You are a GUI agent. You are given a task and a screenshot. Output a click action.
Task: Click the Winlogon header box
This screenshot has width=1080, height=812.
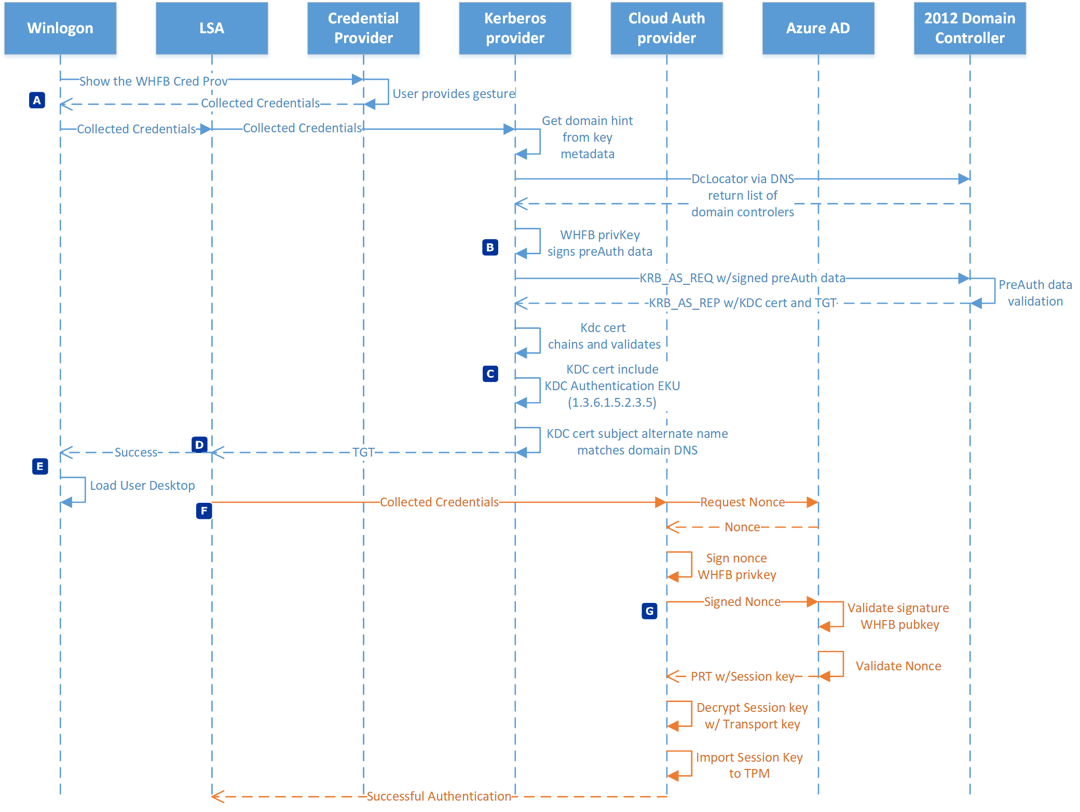pyautogui.click(x=60, y=28)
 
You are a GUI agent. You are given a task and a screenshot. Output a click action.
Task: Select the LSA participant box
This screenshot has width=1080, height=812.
pyautogui.click(x=212, y=28)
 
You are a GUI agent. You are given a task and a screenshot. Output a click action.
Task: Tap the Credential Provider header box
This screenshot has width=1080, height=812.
pyautogui.click(x=363, y=28)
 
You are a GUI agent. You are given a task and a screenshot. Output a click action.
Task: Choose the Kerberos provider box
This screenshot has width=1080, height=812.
pyautogui.click(x=515, y=28)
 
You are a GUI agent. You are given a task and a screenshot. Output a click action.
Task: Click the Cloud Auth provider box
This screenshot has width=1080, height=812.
pyautogui.click(x=666, y=28)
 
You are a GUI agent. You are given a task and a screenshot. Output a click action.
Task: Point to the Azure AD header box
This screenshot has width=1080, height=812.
pyautogui.click(x=818, y=28)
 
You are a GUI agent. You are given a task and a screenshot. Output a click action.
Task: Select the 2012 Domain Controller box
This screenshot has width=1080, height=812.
pyautogui.click(x=969, y=28)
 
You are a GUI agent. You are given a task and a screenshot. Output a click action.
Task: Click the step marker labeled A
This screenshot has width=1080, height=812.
pyautogui.click(x=37, y=100)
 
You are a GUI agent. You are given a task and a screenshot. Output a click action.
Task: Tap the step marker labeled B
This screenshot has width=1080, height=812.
pyautogui.click(x=490, y=247)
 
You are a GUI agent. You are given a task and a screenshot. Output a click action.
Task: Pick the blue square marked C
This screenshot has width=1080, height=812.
pyautogui.click(x=490, y=374)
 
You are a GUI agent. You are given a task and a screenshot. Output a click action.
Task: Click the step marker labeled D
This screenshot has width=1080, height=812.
pyautogui.click(x=199, y=445)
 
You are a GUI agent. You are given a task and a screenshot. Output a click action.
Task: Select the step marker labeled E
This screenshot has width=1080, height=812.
pyautogui.click(x=40, y=466)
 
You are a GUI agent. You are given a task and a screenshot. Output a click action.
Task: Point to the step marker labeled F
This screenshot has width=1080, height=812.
pyautogui.click(x=204, y=511)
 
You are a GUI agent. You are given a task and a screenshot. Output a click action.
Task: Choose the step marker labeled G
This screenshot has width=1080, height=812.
pyautogui.click(x=649, y=611)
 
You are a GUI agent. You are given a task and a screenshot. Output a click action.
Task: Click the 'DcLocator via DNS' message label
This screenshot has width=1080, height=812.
pyautogui.click(x=743, y=179)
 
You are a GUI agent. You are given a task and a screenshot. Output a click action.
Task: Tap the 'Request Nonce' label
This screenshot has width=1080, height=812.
pyautogui.click(x=742, y=502)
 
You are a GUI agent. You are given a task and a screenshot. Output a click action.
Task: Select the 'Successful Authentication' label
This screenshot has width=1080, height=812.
pyautogui.click(x=439, y=796)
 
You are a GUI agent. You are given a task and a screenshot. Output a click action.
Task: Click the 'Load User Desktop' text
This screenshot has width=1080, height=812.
pyautogui.click(x=143, y=486)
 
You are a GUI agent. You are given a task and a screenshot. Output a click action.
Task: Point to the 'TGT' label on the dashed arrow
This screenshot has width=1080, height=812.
pyautogui.click(x=363, y=452)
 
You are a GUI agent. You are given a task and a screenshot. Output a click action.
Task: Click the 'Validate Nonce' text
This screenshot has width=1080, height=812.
pyautogui.click(x=898, y=666)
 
